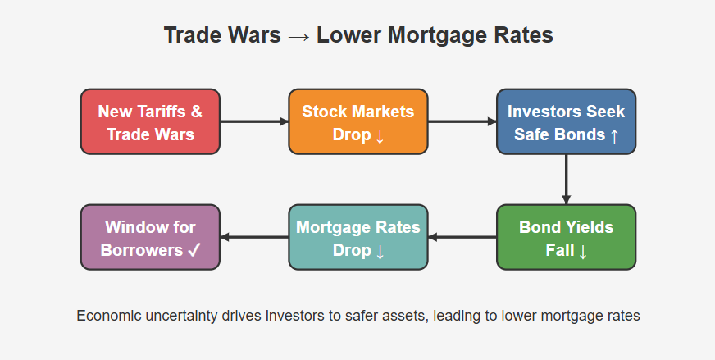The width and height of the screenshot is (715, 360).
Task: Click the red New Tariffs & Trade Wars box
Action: click(150, 121)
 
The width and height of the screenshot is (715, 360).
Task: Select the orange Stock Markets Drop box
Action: click(358, 121)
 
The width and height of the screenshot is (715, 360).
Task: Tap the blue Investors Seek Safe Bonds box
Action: click(566, 121)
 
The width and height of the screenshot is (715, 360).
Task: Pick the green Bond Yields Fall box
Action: click(566, 237)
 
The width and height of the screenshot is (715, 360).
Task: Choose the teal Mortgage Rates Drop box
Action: click(358, 237)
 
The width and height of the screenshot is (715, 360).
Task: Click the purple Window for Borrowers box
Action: click(150, 237)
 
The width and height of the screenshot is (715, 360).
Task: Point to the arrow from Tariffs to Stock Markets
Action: click(254, 121)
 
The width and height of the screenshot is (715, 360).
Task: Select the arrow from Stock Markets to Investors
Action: click(462, 121)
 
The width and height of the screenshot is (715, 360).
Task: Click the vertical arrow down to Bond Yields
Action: click(566, 180)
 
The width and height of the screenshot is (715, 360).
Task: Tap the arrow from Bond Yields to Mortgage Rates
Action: click(462, 237)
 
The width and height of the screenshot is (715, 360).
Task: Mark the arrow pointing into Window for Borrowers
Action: click(254, 237)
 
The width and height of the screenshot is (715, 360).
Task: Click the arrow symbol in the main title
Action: click(298, 36)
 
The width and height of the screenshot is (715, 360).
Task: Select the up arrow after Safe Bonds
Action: click(614, 135)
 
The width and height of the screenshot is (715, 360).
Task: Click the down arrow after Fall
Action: click(582, 251)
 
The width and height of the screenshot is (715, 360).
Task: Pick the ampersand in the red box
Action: click(197, 112)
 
